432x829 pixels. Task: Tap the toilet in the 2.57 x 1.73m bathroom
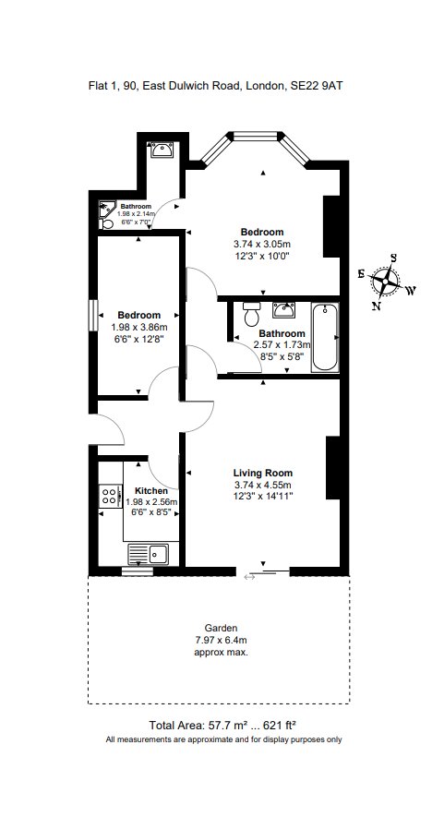(249, 316)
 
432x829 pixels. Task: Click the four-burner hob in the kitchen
(110, 497)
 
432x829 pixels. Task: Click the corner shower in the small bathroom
(108, 209)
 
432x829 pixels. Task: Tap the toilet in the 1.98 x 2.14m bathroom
(107, 223)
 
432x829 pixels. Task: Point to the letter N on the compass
(375, 305)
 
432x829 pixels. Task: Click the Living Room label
(262, 473)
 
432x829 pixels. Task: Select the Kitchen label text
(151, 491)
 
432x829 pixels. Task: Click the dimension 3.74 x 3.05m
(262, 244)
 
